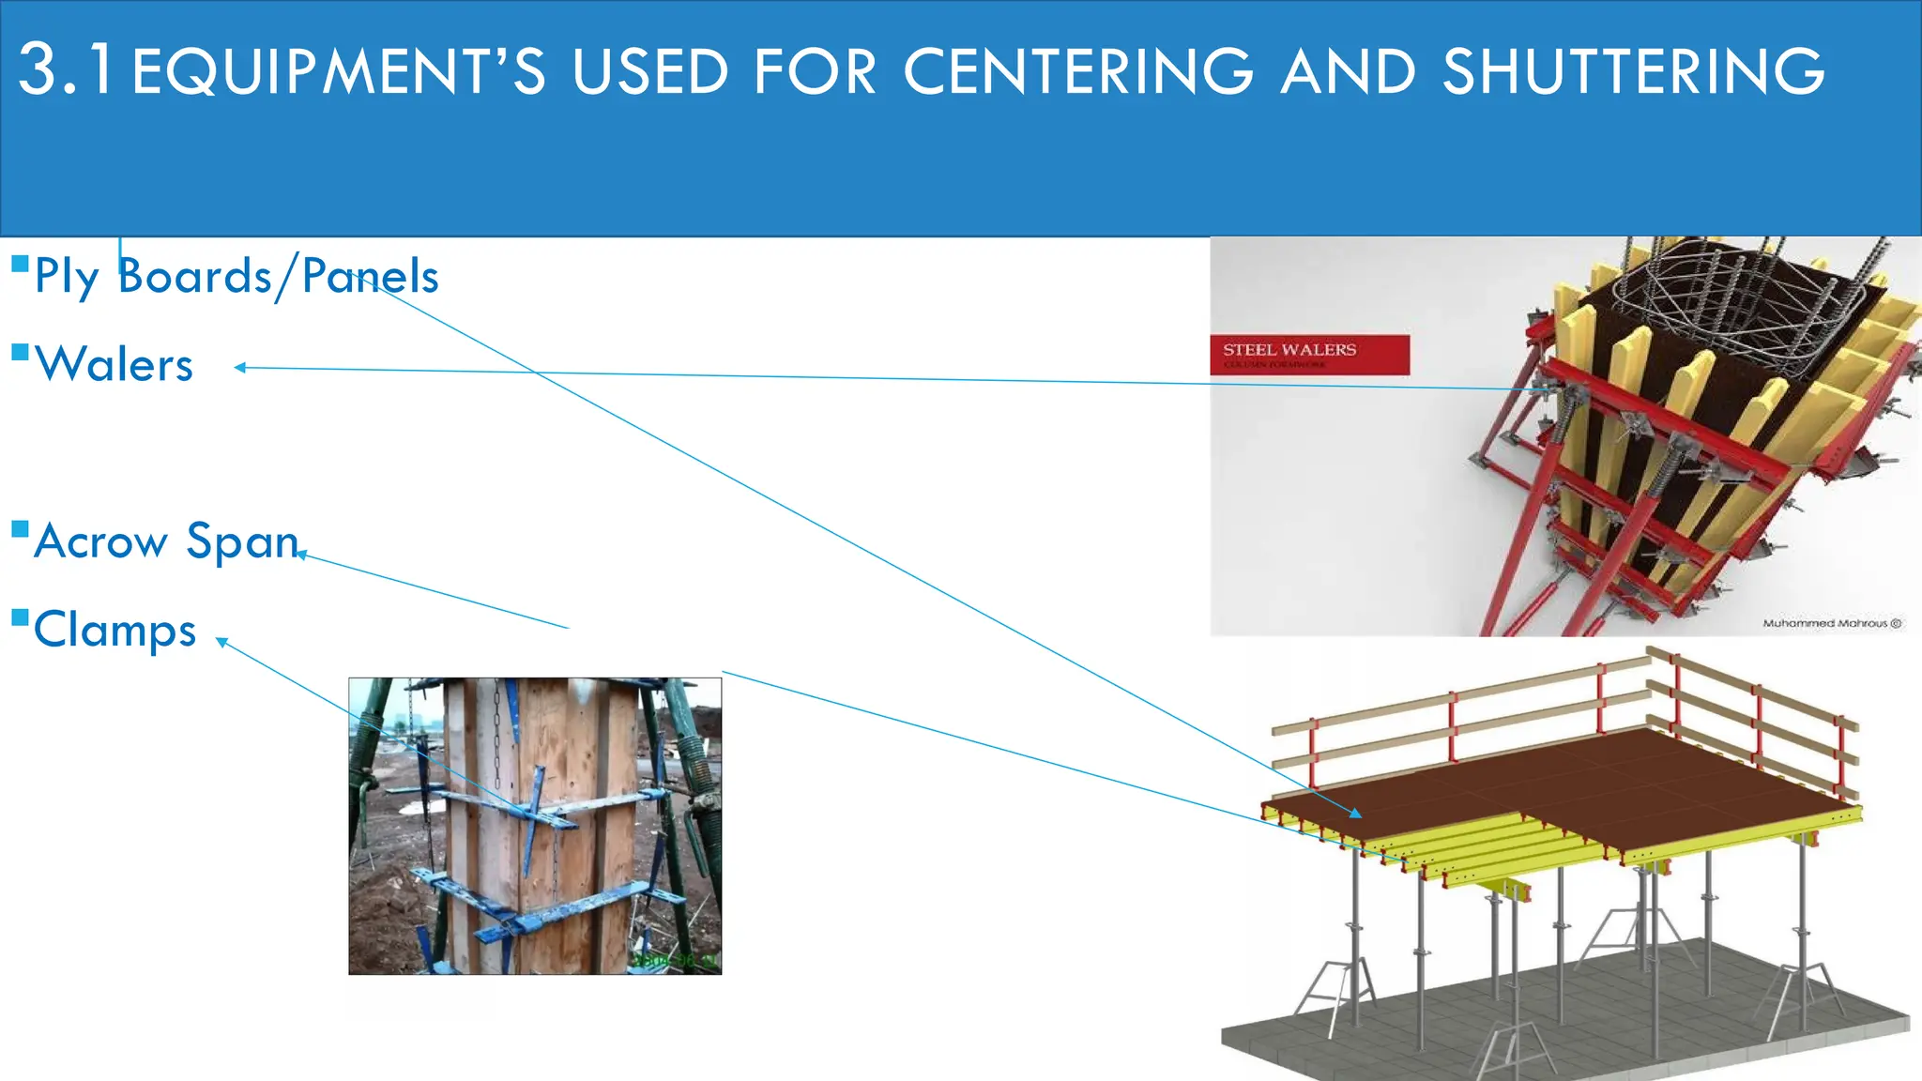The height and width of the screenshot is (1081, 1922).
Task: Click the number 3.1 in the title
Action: tap(66, 69)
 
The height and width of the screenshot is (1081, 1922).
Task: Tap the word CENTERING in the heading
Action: tap(1078, 71)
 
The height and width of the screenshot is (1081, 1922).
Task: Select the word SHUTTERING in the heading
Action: tap(1633, 71)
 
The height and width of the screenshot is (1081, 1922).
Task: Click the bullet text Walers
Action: tap(114, 364)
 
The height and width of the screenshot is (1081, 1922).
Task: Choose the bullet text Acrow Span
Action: tap(166, 540)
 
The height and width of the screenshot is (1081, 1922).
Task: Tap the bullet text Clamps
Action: tap(114, 629)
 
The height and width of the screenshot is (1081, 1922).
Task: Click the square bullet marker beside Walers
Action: tap(20, 353)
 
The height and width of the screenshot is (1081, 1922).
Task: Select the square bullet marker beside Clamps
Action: tap(20, 617)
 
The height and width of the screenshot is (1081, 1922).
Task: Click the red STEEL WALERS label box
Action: tap(1309, 355)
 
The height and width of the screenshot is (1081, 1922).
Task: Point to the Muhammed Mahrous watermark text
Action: tap(1831, 623)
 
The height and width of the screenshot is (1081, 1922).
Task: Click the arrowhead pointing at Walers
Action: tap(240, 368)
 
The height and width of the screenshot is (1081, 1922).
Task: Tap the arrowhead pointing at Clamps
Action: tap(221, 642)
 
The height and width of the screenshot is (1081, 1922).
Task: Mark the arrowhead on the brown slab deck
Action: tap(1355, 814)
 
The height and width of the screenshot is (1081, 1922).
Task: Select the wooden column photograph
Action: tap(535, 826)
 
